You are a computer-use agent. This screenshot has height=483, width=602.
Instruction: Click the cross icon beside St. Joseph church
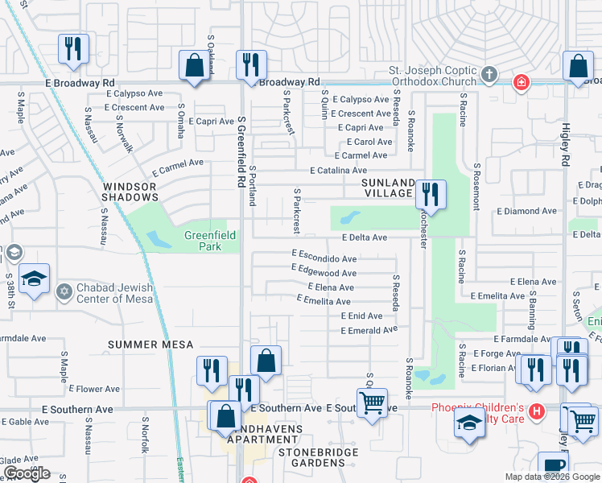click(489, 76)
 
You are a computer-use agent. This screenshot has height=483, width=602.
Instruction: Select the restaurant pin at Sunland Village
click(431, 195)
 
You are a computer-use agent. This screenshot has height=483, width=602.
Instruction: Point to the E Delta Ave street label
click(365, 237)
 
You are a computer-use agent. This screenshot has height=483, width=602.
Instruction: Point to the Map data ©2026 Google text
click(551, 477)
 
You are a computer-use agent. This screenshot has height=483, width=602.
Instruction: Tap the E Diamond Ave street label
click(526, 211)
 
